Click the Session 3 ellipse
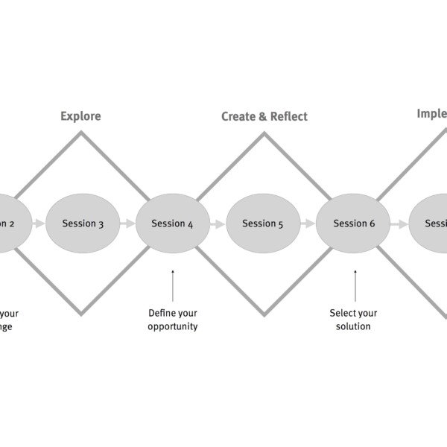(83, 223)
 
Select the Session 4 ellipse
(172, 223)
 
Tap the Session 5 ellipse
(263, 223)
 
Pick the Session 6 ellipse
(353, 223)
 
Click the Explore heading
(80, 116)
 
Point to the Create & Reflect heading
(264, 116)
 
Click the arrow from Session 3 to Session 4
(127, 223)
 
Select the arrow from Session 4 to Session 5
(217, 223)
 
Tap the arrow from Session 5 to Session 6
(308, 223)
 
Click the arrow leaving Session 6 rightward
(399, 223)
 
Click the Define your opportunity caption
(172, 320)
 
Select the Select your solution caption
(354, 320)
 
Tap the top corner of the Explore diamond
(81, 133)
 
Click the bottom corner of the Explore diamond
(81, 313)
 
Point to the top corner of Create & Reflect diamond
(263, 133)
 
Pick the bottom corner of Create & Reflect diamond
(263, 313)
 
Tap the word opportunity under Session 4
(172, 326)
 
